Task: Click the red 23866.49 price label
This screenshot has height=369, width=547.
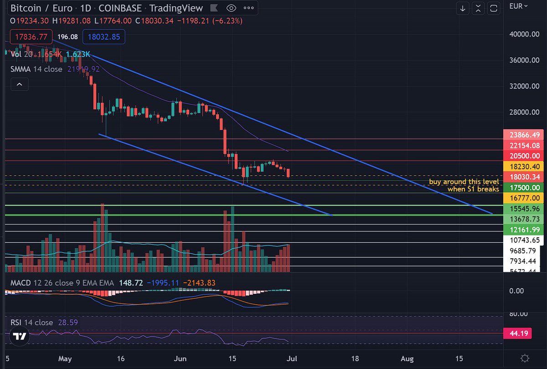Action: click(525, 135)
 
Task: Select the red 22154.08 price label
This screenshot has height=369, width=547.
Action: click(525, 145)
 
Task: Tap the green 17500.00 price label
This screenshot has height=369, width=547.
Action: click(525, 187)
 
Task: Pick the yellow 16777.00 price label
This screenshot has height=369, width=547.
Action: click(525, 198)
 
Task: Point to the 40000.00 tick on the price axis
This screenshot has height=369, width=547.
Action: click(524, 34)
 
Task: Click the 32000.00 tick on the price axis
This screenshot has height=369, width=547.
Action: click(524, 86)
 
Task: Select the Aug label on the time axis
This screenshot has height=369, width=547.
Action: click(407, 358)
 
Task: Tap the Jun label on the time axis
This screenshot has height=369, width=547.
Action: click(178, 358)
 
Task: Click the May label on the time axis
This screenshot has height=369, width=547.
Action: click(66, 358)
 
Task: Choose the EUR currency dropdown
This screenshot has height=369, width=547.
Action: click(519, 6)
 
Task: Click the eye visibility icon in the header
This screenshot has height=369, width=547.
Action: click(231, 8)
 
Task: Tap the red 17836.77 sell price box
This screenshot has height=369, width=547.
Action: click(31, 37)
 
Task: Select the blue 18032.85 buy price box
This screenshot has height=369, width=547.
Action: click(104, 37)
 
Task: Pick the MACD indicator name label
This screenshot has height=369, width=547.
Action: click(21, 283)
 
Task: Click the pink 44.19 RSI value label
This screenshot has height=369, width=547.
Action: click(525, 334)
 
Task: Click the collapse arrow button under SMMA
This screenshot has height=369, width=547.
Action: click(20, 84)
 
